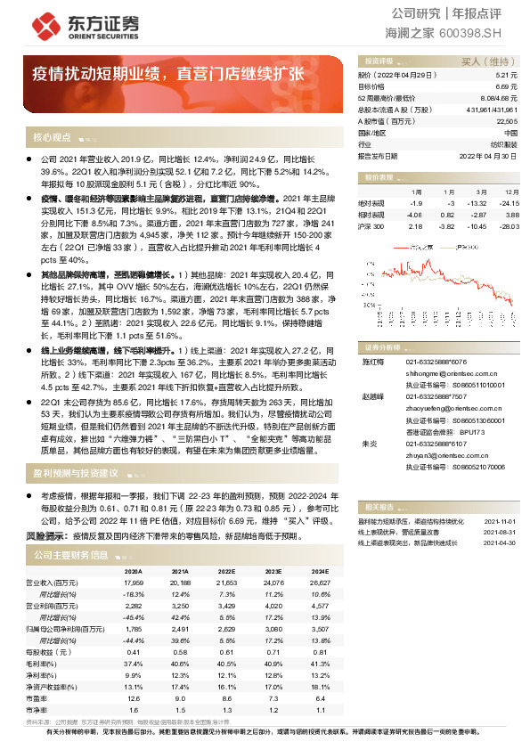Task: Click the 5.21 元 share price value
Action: [507, 76]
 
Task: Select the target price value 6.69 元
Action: [507, 87]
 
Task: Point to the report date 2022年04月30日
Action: [488, 155]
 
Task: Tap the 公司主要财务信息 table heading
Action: [70, 555]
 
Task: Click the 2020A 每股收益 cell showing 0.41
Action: [134, 652]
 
